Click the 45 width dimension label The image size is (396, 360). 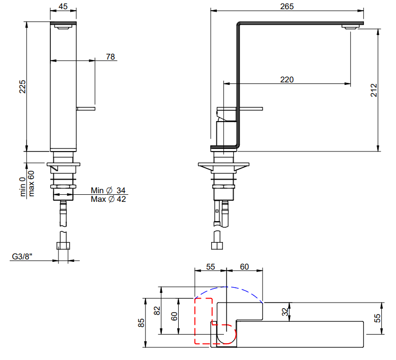[x=63, y=6]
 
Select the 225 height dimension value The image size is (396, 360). [x=22, y=86]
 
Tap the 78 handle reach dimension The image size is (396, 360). [x=110, y=57]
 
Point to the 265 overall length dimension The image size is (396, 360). [x=287, y=6]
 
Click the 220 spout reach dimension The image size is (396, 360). [x=287, y=80]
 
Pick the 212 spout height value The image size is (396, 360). [x=374, y=90]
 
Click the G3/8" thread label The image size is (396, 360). [x=22, y=257]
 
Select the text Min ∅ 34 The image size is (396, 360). [x=108, y=190]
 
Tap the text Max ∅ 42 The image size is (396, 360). [x=108, y=199]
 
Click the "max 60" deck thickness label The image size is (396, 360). [x=31, y=184]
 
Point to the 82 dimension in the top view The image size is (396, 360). [x=157, y=311]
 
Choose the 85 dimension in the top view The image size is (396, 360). [x=141, y=323]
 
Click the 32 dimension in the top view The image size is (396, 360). [x=285, y=312]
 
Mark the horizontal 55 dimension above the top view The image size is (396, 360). [x=210, y=266]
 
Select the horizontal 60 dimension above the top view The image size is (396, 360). [x=244, y=266]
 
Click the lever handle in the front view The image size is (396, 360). [x=86, y=109]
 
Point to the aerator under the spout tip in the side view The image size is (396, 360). [x=350, y=27]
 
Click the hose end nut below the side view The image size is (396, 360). [x=217, y=246]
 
